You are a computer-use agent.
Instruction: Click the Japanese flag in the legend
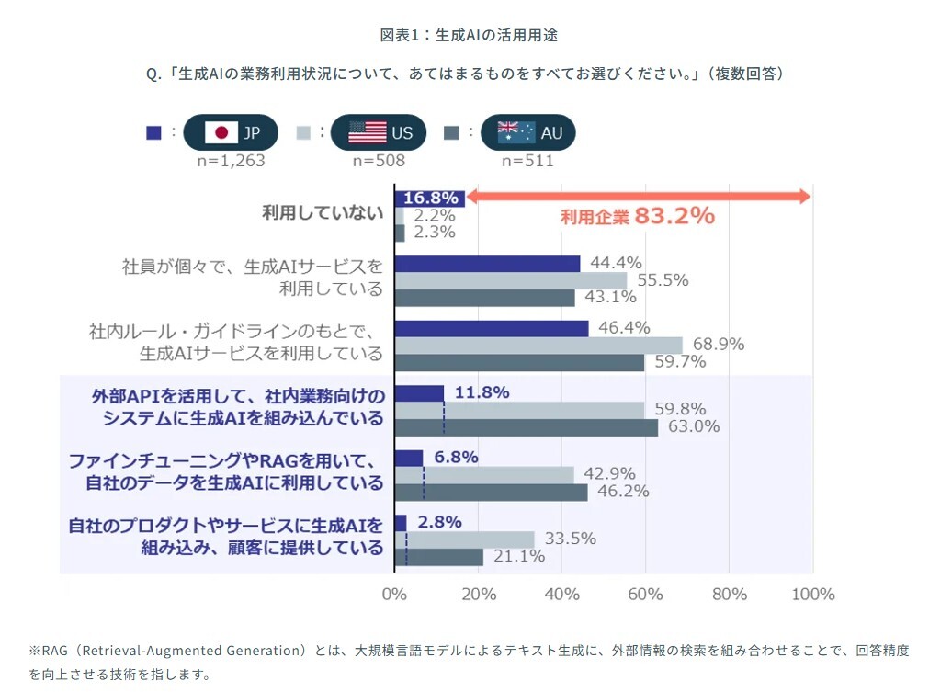pyautogui.click(x=221, y=132)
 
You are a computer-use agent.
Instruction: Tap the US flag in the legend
pyautogui.click(x=368, y=132)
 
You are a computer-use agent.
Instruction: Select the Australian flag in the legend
pyautogui.click(x=516, y=132)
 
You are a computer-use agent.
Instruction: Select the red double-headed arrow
pyautogui.click(x=639, y=197)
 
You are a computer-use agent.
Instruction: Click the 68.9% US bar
pyautogui.click(x=538, y=345)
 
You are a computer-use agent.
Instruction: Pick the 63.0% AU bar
pyautogui.click(x=527, y=427)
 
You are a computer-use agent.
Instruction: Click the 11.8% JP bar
pyautogui.click(x=419, y=393)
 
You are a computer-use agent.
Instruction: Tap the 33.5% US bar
pyautogui.click(x=464, y=539)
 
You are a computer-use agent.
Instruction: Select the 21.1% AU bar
pyautogui.click(x=438, y=557)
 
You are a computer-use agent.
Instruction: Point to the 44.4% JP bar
pyautogui.click(x=487, y=264)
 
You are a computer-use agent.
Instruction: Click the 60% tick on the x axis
pyautogui.click(x=645, y=594)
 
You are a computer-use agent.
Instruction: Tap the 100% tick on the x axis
pyautogui.click(x=813, y=594)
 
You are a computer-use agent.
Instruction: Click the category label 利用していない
pyautogui.click(x=322, y=214)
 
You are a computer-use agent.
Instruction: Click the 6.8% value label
pyautogui.click(x=457, y=458)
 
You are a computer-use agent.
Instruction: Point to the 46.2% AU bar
pyautogui.click(x=491, y=492)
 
